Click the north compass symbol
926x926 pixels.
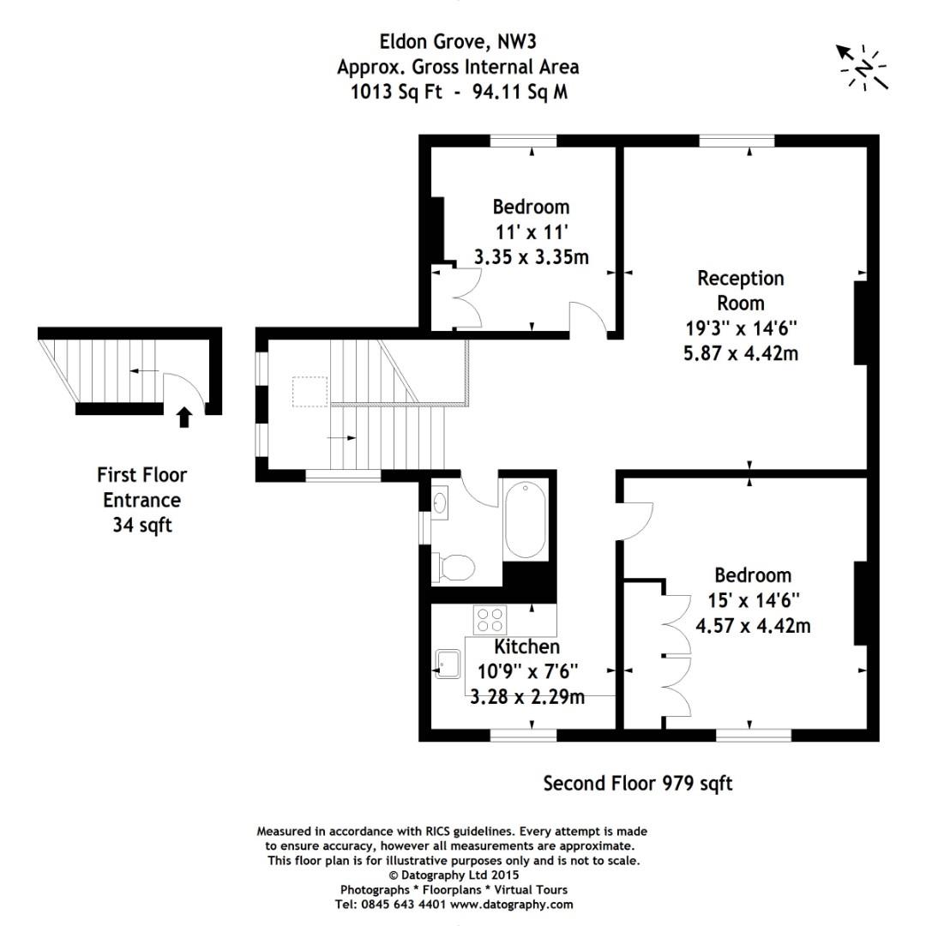(x=863, y=68)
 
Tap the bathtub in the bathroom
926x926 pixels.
(x=525, y=520)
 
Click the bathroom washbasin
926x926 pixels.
(x=439, y=502)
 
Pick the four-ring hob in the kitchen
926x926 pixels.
(x=490, y=620)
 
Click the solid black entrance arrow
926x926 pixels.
(x=185, y=417)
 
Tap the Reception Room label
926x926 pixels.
(x=741, y=290)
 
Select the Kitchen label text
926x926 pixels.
(x=526, y=646)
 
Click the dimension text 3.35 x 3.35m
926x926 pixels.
(x=532, y=257)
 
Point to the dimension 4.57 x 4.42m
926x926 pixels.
(x=753, y=625)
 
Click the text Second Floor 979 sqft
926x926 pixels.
(x=638, y=784)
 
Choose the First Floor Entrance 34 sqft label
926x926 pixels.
(x=141, y=500)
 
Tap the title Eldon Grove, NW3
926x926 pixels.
(x=458, y=41)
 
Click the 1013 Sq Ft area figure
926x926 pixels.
(x=396, y=92)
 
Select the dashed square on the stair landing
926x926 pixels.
(x=310, y=392)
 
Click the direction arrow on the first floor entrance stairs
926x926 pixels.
(x=144, y=371)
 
